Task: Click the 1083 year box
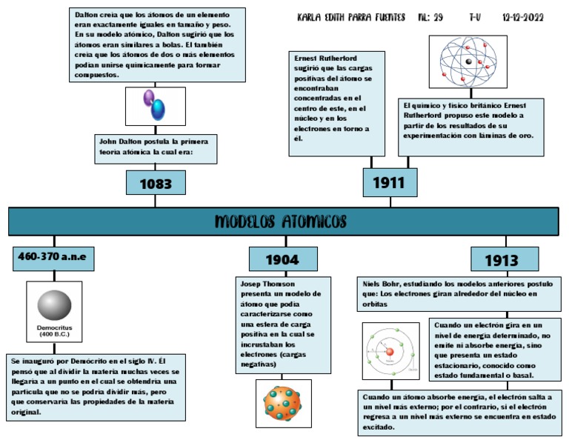point(156,182)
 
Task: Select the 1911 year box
point(390,182)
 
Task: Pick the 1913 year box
point(501,260)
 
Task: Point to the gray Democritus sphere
point(53,304)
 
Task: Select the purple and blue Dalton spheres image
point(155,105)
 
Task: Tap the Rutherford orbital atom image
point(467,61)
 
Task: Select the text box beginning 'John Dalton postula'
point(156,147)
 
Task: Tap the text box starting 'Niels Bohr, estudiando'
point(459,294)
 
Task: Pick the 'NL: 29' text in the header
point(430,17)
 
